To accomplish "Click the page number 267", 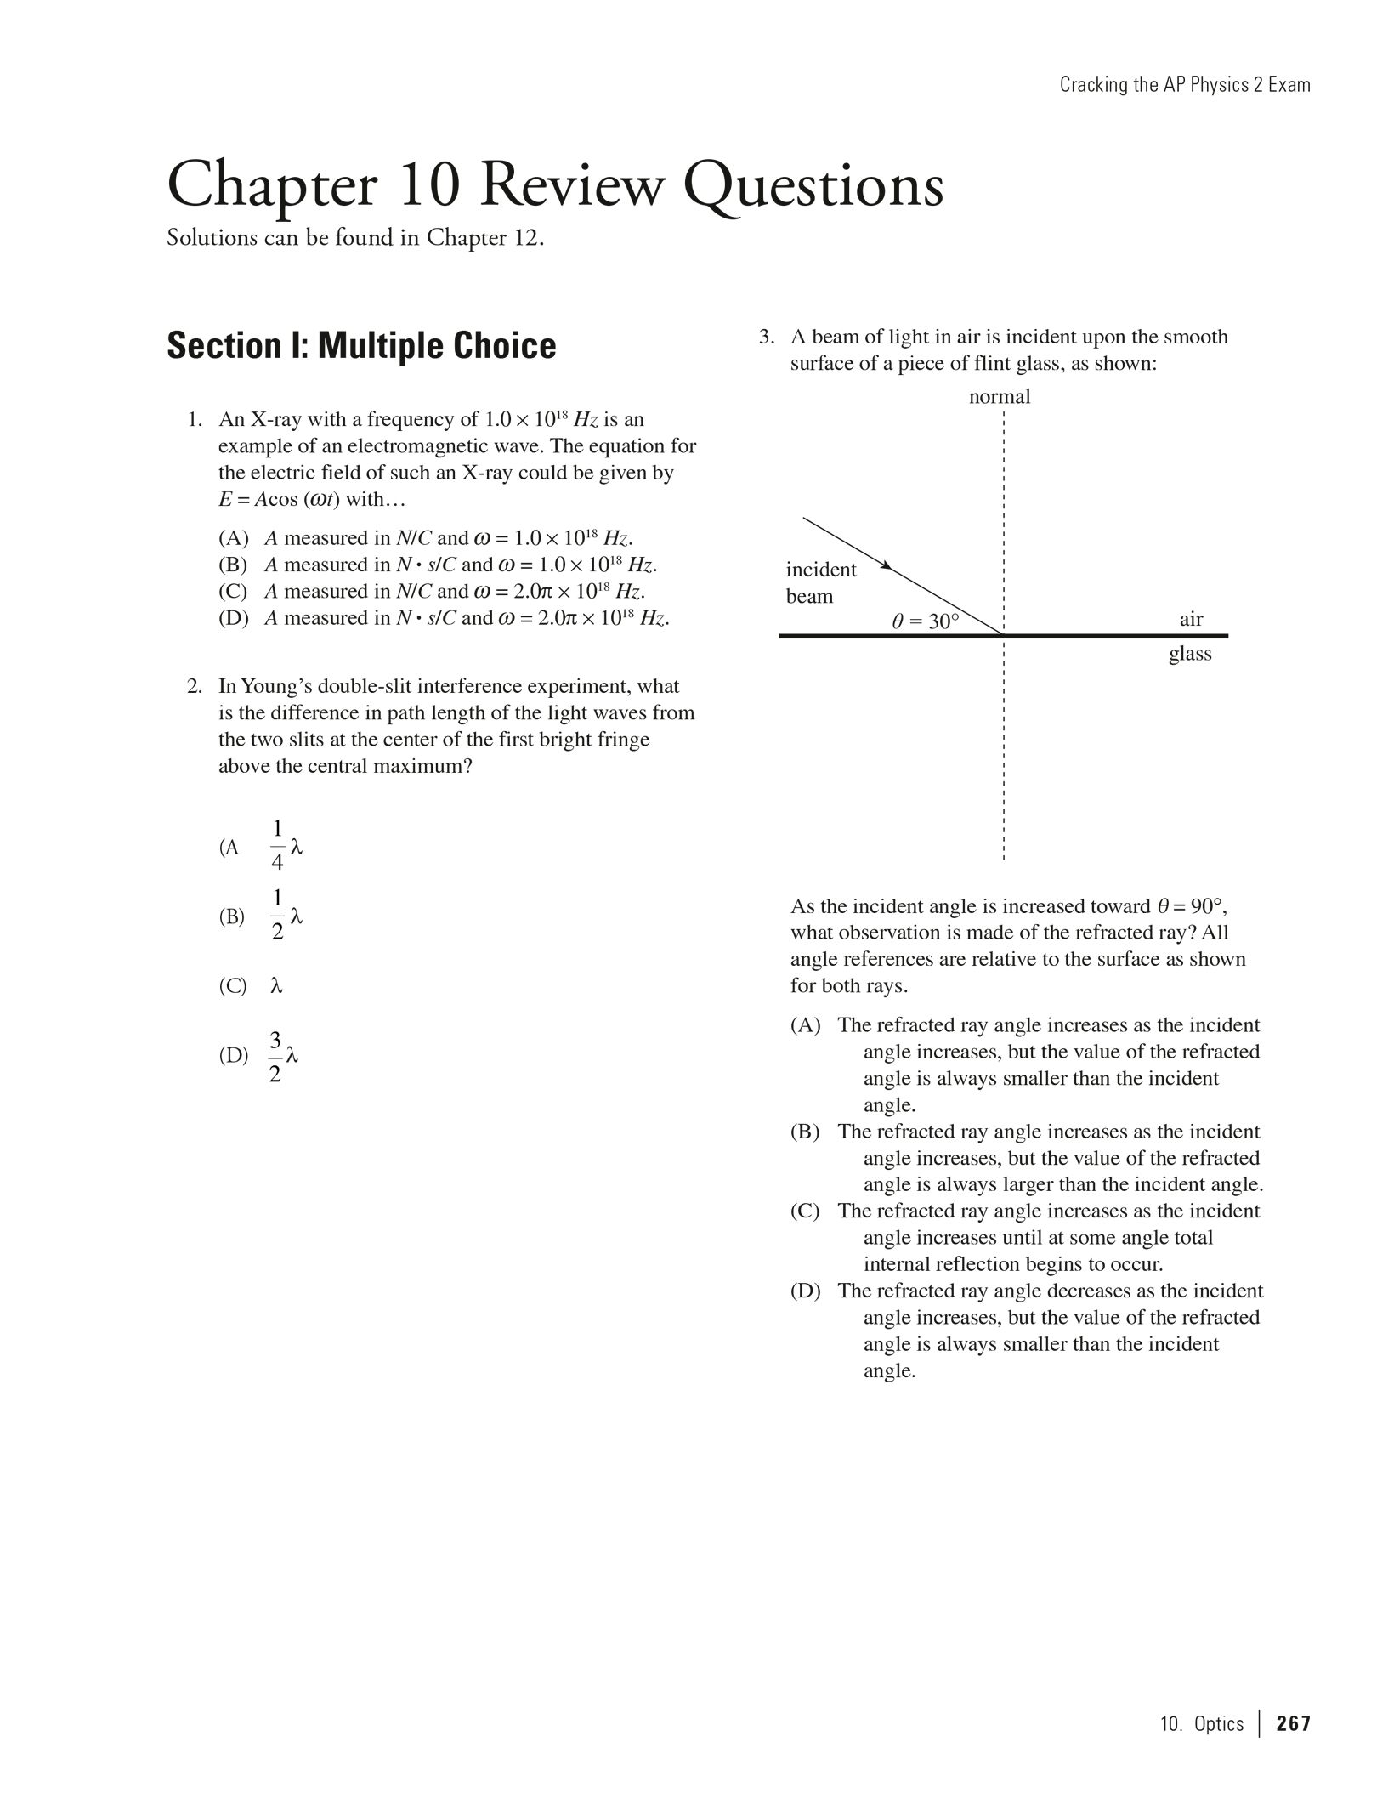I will [x=1293, y=1723].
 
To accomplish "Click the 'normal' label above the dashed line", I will [x=1000, y=397].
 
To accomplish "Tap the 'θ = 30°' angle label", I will [x=925, y=621].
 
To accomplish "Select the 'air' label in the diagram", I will [x=1191, y=619].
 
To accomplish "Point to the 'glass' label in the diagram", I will [x=1190, y=654].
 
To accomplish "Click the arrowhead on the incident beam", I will [x=886, y=565].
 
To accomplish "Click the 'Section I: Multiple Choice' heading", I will [x=361, y=345].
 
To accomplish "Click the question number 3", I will [x=766, y=337].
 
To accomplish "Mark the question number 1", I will [x=195, y=420].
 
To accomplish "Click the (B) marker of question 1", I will [x=233, y=565].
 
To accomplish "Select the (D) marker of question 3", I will [x=805, y=1291].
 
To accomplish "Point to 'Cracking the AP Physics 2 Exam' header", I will [x=1184, y=85].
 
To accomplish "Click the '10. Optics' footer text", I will [x=1201, y=1723].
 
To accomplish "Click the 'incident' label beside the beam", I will [x=820, y=570].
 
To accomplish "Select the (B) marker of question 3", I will [x=805, y=1132].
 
